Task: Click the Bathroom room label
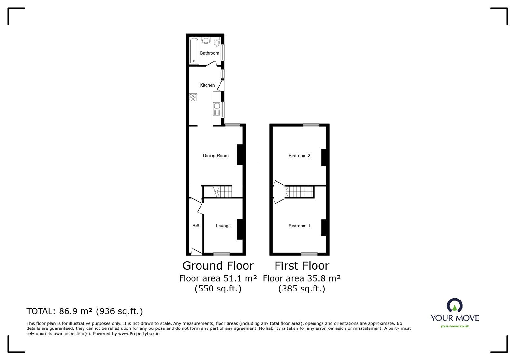(209, 53)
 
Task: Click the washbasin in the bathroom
(206, 40)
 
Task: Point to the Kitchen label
(207, 85)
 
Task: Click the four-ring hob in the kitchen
(193, 97)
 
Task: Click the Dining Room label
(215, 156)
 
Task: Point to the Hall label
(196, 226)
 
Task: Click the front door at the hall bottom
(196, 252)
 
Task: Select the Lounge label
(223, 226)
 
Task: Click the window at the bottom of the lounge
(222, 254)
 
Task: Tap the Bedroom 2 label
(299, 156)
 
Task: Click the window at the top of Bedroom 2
(311, 125)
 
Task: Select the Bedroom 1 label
(299, 226)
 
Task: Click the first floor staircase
(299, 192)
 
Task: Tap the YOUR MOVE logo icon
(454, 306)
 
